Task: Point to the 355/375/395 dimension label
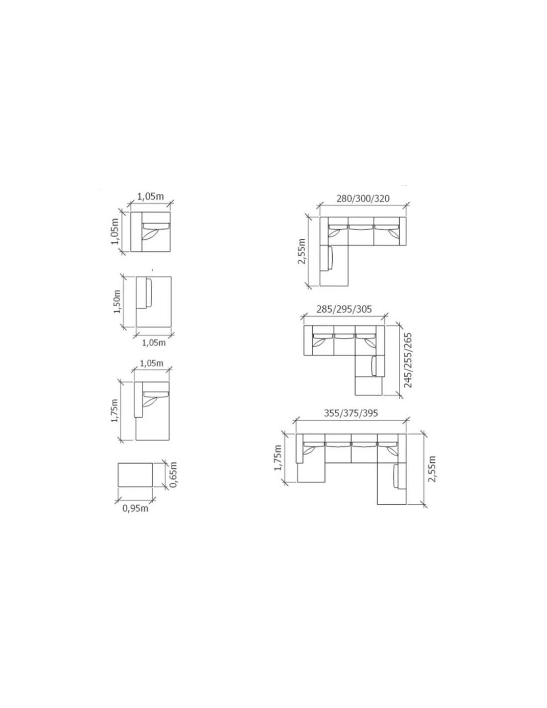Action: (x=351, y=413)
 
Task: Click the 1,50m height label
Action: (x=117, y=301)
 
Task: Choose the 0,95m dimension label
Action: (x=135, y=508)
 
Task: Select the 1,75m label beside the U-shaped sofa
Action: (x=277, y=458)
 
